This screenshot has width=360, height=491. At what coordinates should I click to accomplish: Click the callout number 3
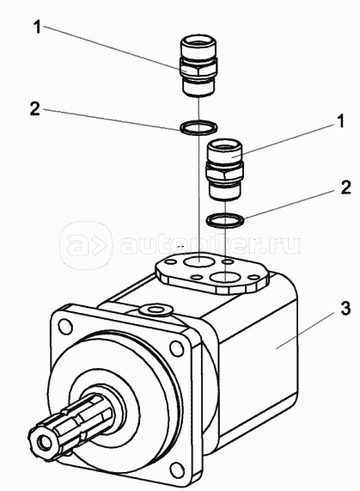coord(345,309)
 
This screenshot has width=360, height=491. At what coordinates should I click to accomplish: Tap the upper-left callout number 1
coord(37,28)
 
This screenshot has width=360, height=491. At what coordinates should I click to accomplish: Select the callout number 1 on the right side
coord(340,120)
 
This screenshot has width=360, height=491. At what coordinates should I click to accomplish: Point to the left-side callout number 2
coord(35,108)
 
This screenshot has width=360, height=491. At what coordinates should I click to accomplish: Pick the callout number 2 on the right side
coord(346,187)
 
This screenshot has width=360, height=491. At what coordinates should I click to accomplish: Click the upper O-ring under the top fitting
coord(198,127)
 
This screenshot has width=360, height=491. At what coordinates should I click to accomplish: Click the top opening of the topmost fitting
coord(198,43)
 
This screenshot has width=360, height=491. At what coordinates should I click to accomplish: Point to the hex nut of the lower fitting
coord(225,174)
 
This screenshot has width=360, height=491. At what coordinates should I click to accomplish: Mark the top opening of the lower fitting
coord(225,145)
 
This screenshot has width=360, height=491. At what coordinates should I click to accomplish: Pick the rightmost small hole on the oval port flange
coord(255,278)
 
